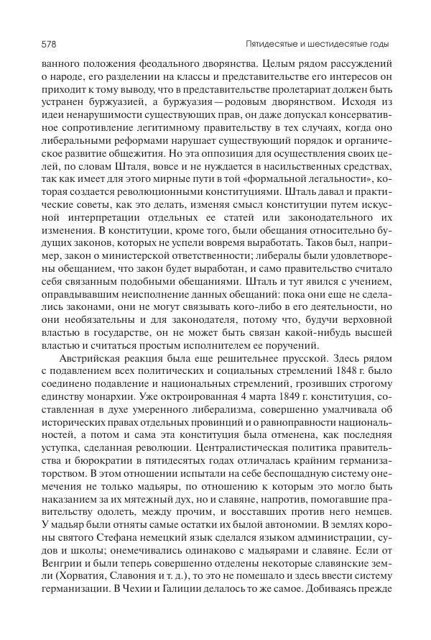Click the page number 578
pyautogui.click(x=32, y=45)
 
